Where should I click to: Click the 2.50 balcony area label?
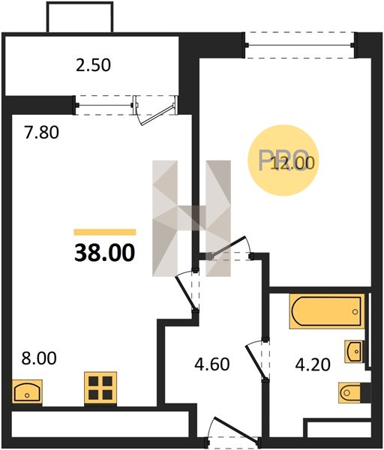93,65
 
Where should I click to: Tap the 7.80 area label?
41,133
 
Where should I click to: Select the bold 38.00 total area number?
104,253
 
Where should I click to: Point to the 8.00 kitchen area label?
39,358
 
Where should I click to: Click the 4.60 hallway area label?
212,364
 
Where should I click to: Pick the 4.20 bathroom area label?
313,364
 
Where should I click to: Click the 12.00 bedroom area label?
293,163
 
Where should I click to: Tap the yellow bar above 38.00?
105,232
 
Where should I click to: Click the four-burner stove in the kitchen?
100,388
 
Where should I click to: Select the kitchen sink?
27,391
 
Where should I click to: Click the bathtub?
327,311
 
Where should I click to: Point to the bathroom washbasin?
354,351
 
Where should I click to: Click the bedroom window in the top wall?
300,45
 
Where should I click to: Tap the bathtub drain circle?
355,312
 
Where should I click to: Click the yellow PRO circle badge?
283,160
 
